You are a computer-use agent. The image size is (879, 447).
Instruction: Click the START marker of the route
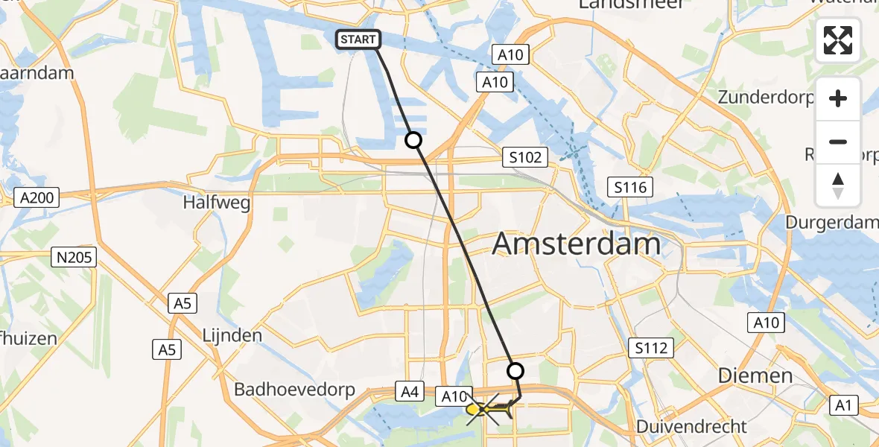tap(358, 39)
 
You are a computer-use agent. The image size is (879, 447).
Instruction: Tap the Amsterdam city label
tap(577, 244)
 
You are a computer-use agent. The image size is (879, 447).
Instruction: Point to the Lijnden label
tap(232, 335)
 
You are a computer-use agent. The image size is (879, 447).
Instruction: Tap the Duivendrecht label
tap(691, 427)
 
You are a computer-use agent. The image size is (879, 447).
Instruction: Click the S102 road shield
tap(524, 157)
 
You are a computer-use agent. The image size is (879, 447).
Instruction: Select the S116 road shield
tap(629, 187)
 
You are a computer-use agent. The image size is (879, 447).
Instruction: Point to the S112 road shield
tap(650, 347)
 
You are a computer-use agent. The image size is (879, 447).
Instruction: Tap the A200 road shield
tap(36, 197)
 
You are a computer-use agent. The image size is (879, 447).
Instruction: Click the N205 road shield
tap(74, 258)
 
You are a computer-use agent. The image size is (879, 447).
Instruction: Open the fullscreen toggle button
tap(838, 40)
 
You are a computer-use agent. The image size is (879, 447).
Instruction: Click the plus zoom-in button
tap(838, 99)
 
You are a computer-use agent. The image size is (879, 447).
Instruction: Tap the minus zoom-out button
tap(838, 142)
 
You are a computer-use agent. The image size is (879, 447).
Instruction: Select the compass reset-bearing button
tap(838, 185)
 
